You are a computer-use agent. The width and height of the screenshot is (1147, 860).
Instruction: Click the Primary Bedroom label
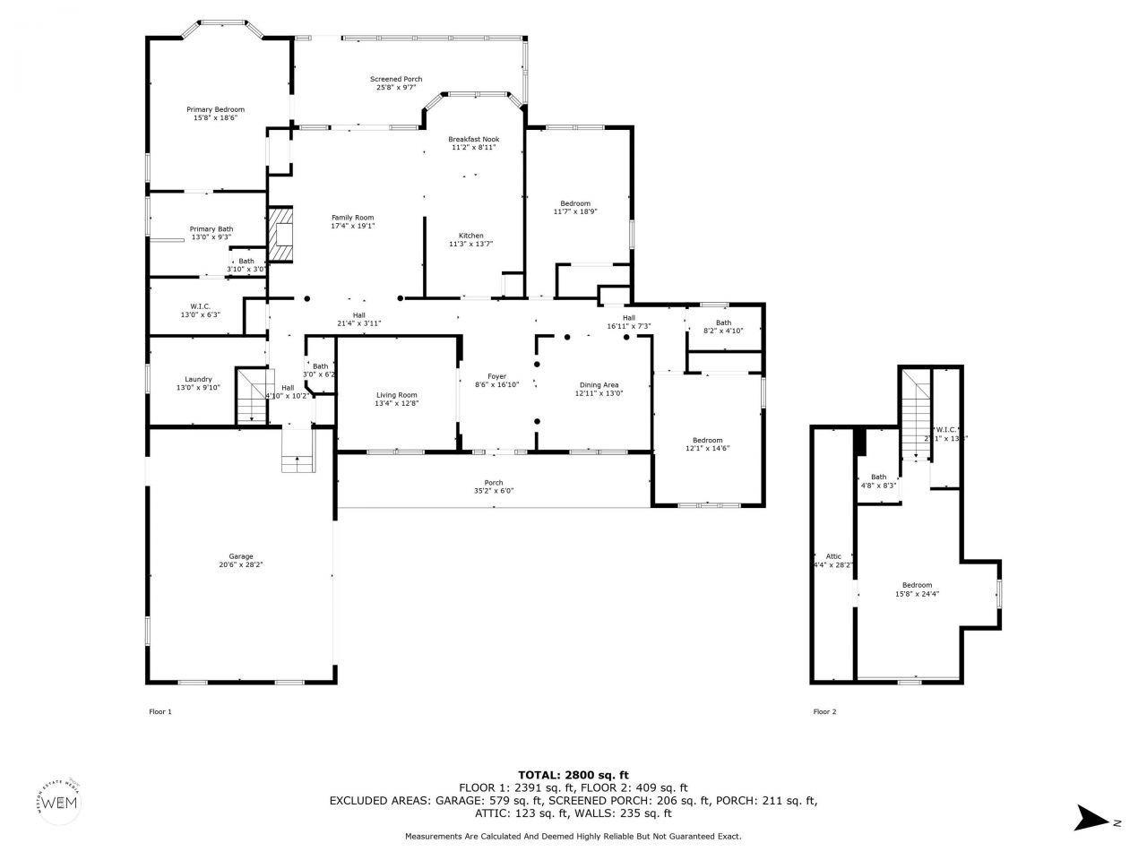pos(215,109)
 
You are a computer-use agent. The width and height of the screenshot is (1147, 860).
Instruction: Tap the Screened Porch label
pos(396,79)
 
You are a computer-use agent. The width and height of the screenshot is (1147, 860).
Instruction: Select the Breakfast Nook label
pos(474,139)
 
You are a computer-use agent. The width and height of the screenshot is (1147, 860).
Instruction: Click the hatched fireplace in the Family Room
pos(282,234)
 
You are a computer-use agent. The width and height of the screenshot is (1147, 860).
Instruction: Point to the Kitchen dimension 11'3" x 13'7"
pos(471,244)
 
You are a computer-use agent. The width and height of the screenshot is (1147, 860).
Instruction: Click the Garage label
pos(240,556)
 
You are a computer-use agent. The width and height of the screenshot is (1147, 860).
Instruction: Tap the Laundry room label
pos(198,379)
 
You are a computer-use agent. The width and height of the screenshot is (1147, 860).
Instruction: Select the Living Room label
pos(396,395)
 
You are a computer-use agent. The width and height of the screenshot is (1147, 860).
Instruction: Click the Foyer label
pos(496,376)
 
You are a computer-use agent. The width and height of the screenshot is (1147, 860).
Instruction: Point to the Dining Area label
pos(599,384)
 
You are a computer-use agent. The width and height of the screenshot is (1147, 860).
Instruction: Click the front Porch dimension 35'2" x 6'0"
pos(494,491)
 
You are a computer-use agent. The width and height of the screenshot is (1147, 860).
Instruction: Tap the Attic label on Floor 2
pos(832,556)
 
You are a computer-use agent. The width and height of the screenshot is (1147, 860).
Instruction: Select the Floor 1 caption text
pos(160,712)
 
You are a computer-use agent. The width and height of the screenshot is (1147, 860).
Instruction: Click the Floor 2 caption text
pos(824,712)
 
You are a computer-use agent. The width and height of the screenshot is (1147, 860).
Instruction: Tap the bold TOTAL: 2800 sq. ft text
pos(573,774)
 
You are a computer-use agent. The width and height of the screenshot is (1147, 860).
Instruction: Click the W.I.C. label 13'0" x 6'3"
pos(200,310)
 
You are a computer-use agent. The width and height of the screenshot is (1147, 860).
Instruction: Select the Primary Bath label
pos(211,229)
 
